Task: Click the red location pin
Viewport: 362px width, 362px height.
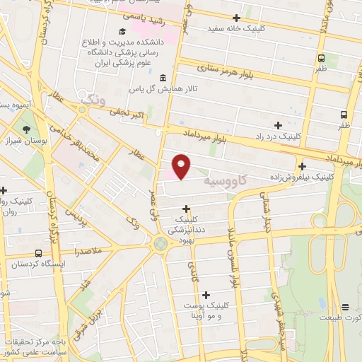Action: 182,166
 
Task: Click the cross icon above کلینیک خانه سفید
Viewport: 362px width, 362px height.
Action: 236,18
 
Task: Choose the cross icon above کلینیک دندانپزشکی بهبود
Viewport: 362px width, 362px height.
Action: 186,209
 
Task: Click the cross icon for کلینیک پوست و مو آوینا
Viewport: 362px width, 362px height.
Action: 206,294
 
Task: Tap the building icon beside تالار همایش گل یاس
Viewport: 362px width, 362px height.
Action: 163,78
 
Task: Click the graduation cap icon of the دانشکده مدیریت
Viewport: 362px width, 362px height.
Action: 122,32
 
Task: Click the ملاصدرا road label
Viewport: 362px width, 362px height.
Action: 86,251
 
